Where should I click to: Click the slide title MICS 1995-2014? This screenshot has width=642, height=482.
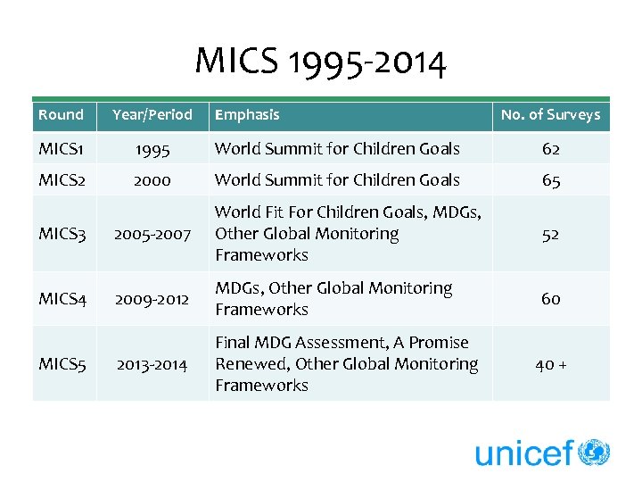(320, 62)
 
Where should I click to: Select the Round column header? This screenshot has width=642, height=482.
(61, 114)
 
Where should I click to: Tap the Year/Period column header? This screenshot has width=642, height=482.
(152, 114)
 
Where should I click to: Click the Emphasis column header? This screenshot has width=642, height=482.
(247, 114)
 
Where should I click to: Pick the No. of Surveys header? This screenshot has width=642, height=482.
(550, 114)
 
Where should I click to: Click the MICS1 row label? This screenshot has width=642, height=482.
(61, 149)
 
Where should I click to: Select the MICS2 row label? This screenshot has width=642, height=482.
(62, 180)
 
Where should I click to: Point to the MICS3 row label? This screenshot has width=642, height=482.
(62, 234)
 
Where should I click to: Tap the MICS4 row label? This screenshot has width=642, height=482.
(62, 299)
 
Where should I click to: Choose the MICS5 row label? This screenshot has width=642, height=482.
(62, 364)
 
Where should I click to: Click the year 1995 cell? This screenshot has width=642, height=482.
(152, 149)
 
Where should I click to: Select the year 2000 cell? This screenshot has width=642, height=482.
(152, 180)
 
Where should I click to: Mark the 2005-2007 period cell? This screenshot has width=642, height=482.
(152, 234)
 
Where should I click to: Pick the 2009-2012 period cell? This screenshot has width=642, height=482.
(152, 299)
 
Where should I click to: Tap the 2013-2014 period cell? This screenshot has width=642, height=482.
(152, 364)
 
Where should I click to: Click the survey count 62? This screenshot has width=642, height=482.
(550, 149)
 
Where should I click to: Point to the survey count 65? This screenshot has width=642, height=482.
(550, 180)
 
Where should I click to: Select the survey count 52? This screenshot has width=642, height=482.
(550, 234)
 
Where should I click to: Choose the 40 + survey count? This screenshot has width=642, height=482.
(550, 364)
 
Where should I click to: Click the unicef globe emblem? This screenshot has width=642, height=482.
(594, 453)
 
